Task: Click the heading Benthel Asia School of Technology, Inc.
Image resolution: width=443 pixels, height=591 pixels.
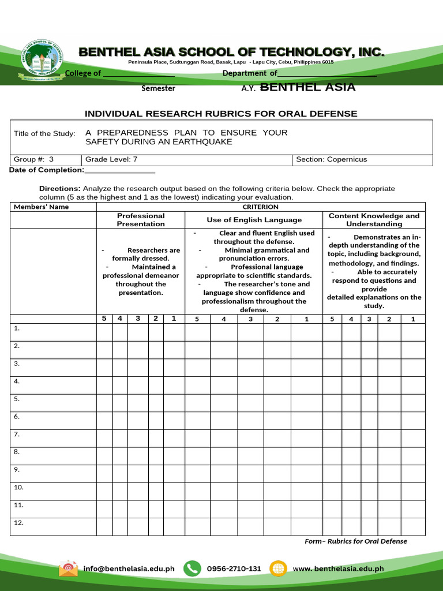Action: click(231, 53)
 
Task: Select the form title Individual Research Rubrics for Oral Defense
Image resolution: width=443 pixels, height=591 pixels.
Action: click(221, 114)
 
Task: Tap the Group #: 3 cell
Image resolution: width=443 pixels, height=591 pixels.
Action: click(46, 160)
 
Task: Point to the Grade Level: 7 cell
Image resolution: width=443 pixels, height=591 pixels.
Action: click(187, 160)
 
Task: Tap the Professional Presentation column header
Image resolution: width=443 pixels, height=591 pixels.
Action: click(141, 220)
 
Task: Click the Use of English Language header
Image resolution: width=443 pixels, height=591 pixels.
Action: click(254, 220)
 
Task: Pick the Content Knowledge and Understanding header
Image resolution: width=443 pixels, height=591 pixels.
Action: click(374, 220)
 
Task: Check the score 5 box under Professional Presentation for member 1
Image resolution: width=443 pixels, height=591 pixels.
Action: click(104, 332)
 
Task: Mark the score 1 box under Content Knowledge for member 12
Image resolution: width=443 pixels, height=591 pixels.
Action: click(412, 526)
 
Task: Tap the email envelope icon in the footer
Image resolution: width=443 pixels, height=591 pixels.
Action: click(68, 568)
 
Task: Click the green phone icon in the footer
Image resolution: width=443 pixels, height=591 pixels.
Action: click(192, 568)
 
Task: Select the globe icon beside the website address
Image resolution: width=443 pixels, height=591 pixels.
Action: click(278, 568)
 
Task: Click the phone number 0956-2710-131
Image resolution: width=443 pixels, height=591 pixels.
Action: click(234, 568)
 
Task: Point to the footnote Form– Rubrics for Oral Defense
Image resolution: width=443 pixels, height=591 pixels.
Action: click(355, 541)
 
